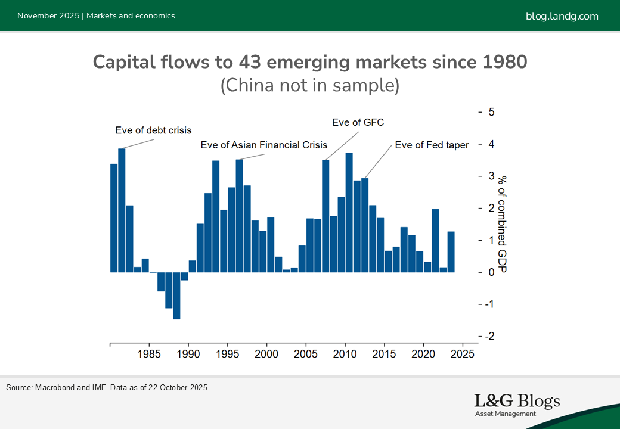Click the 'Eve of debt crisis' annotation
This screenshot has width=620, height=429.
pyautogui.click(x=153, y=130)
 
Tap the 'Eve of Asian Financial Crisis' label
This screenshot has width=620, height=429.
pyautogui.click(x=264, y=145)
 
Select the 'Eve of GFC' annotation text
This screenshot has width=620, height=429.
pyautogui.click(x=358, y=123)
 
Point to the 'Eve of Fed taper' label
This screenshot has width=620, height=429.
pyautogui.click(x=432, y=145)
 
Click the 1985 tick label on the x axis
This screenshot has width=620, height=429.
pyautogui.click(x=149, y=353)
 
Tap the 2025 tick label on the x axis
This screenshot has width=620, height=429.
pyautogui.click(x=463, y=353)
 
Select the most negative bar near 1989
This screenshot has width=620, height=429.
pyautogui.click(x=176, y=296)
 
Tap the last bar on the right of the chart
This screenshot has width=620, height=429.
pyautogui.click(x=451, y=251)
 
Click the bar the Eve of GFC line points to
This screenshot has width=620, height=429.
pyautogui.click(x=325, y=216)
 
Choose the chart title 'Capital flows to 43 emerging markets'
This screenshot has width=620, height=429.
pyautogui.click(x=310, y=62)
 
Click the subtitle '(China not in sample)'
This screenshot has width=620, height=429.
pyautogui.click(x=310, y=85)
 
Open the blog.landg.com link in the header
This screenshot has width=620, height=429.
pyautogui.click(x=562, y=16)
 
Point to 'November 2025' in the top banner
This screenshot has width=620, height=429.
pyautogui.click(x=47, y=16)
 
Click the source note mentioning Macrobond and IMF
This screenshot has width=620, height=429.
pyautogui.click(x=108, y=388)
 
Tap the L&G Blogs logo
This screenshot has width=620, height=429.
pyautogui.click(x=516, y=404)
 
